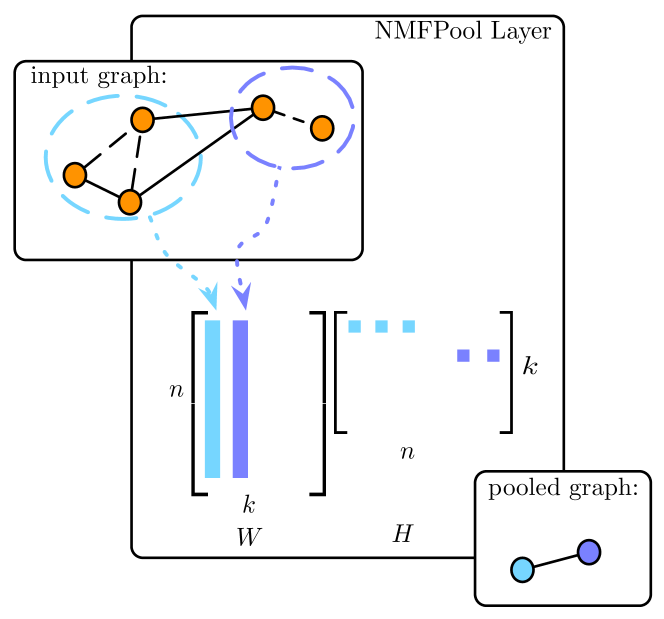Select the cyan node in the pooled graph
[x=522, y=569]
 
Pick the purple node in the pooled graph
[x=589, y=552]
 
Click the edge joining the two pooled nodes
[x=556, y=561]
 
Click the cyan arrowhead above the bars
[x=209, y=296]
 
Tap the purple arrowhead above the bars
[x=241, y=296]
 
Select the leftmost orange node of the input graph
[x=75, y=175]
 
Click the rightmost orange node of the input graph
[x=322, y=128]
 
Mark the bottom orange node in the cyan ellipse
[x=130, y=202]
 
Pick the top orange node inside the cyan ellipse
[x=142, y=120]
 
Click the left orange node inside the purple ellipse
[x=263, y=107]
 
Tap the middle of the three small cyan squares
[x=381, y=326]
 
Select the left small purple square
[x=463, y=355]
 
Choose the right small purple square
[x=493, y=355]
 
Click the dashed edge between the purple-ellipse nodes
[x=292, y=118]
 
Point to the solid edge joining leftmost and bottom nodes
[x=102, y=188]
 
